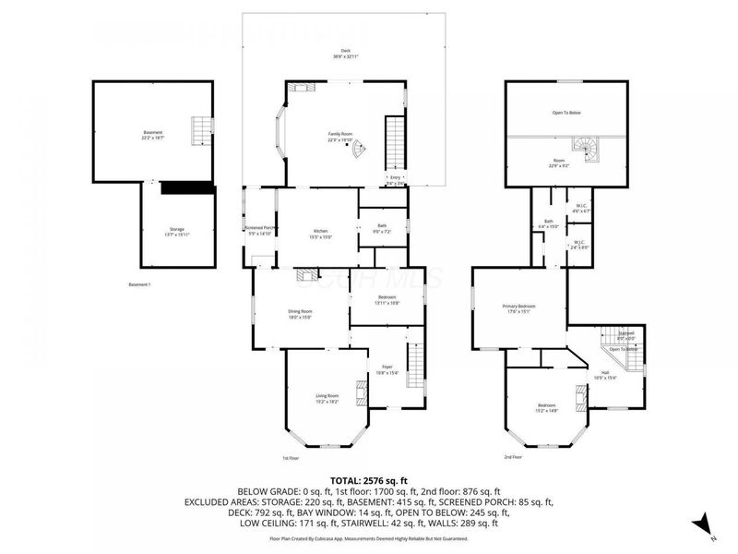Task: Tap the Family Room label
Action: point(344,137)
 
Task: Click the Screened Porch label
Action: point(260,230)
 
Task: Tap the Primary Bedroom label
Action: point(518,308)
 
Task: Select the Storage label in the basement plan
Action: point(176,231)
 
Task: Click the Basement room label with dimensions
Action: point(152,135)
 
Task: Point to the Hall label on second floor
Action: point(604,375)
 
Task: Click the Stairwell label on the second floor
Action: point(626,334)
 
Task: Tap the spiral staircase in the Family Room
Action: point(358,151)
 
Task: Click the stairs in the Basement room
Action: point(200,131)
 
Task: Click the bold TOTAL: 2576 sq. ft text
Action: point(369,481)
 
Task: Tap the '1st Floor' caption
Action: point(291,458)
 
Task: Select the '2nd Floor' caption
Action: point(514,457)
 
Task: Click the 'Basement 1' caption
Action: point(139,284)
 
